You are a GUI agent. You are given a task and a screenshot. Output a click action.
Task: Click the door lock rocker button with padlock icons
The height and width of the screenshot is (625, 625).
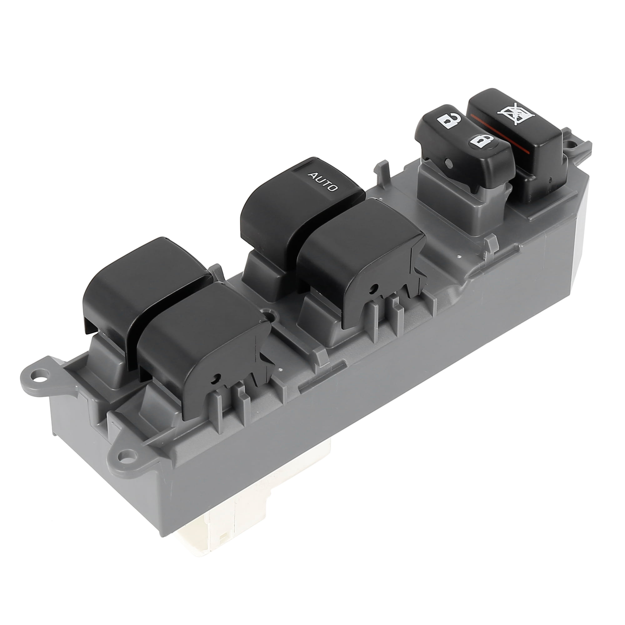(x=462, y=139)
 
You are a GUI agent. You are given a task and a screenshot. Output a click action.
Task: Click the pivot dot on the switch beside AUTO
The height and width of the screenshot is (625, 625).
(x=374, y=287)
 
